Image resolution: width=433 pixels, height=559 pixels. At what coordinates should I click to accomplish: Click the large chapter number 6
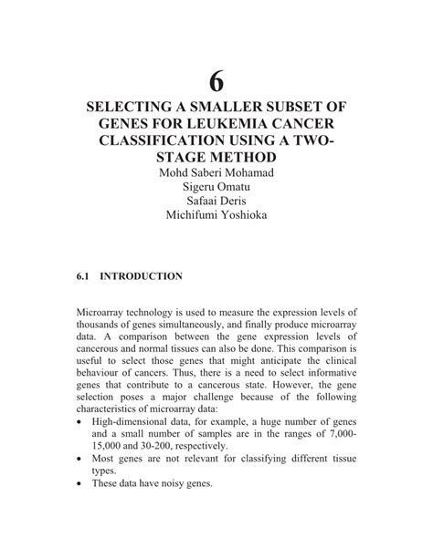216,81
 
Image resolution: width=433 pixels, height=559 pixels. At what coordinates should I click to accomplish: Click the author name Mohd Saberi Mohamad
216,174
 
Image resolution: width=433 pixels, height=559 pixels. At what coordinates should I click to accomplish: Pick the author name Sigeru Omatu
216,190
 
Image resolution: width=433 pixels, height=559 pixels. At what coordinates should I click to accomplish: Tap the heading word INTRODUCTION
142,274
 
